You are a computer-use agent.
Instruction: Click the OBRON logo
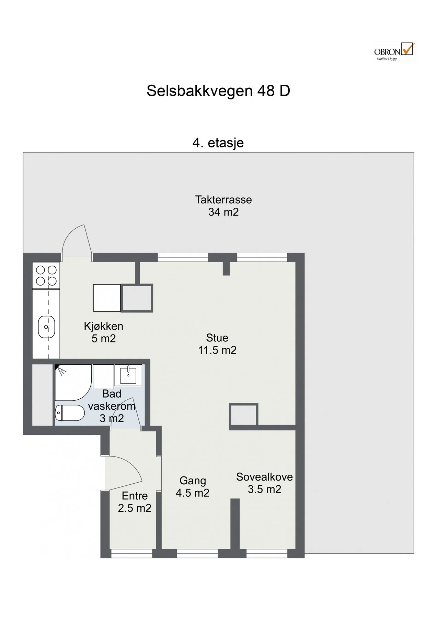[x=394, y=52]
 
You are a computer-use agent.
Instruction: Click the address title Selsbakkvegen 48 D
[x=218, y=91]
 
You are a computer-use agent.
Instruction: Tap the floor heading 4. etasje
[x=218, y=143]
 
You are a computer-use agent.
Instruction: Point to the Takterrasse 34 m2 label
[x=223, y=206]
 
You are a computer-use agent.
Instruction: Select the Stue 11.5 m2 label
[x=217, y=344]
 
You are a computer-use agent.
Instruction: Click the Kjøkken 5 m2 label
[x=104, y=332]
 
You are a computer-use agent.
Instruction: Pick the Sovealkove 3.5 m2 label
[x=264, y=483]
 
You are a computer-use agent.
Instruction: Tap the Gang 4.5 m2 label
[x=193, y=487]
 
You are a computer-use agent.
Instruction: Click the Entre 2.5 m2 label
[x=135, y=502]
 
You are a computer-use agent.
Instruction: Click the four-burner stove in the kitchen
[x=46, y=276]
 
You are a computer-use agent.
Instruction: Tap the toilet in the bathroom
[x=70, y=413]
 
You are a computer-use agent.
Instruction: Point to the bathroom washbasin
[x=128, y=375]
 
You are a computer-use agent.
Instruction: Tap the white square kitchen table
[x=107, y=298]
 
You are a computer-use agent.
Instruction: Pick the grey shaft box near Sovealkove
[x=243, y=415]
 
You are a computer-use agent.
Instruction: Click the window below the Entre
[x=131, y=553]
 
